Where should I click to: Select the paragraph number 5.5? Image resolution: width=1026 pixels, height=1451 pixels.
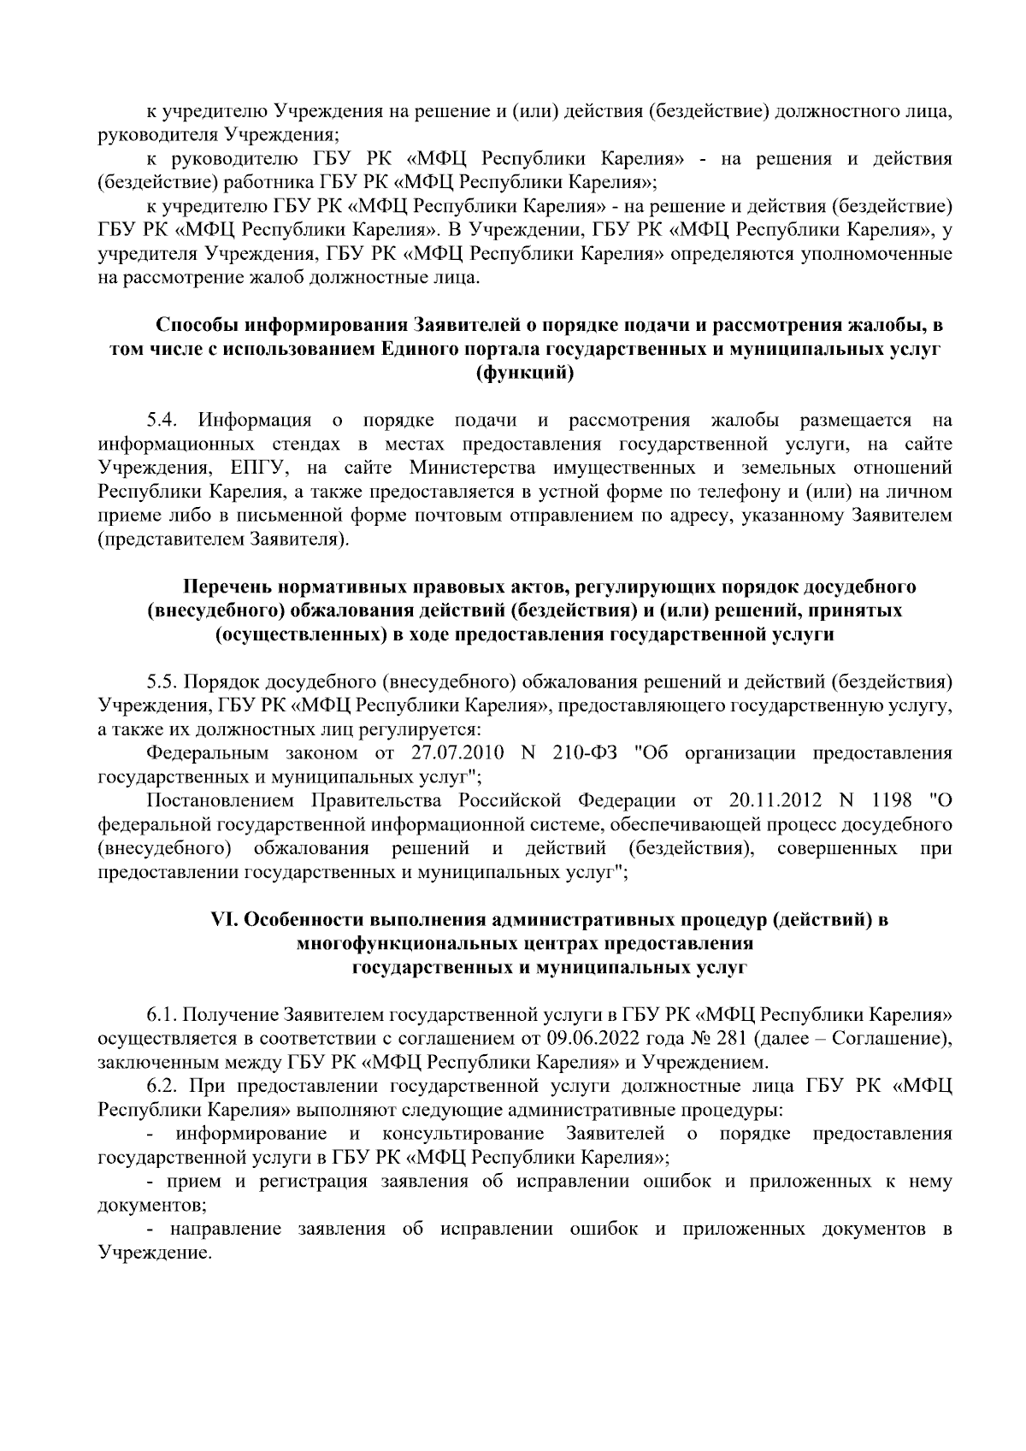(162, 682)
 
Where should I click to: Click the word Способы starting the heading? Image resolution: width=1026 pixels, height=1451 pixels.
(196, 326)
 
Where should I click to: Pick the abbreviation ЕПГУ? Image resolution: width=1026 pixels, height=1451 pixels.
(259, 469)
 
